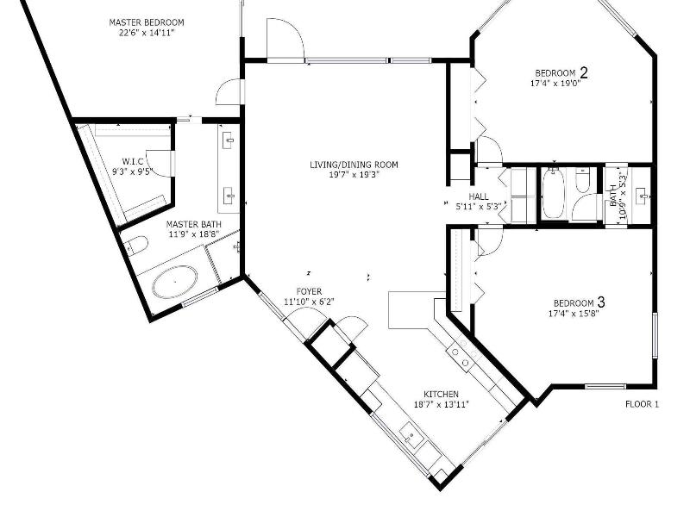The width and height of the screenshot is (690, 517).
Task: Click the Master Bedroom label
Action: point(147,22)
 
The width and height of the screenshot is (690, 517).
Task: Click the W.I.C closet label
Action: point(133,162)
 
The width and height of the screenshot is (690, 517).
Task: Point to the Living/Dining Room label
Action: point(354,165)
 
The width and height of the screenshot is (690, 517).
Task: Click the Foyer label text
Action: point(309,291)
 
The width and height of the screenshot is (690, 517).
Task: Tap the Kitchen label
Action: point(441,395)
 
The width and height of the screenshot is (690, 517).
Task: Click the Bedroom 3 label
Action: point(579,302)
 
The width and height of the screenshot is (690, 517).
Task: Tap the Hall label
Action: point(479,196)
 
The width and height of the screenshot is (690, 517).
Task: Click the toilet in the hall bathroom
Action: point(583,181)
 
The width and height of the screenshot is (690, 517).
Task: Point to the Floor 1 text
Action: point(642,404)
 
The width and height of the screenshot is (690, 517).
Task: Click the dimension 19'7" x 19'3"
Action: point(354,175)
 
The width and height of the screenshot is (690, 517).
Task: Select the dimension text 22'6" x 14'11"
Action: point(146,32)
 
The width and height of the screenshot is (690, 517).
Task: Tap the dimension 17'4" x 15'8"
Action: point(574,314)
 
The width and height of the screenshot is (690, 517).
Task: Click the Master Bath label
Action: point(194,225)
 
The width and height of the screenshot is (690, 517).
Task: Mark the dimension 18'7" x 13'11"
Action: point(442,404)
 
